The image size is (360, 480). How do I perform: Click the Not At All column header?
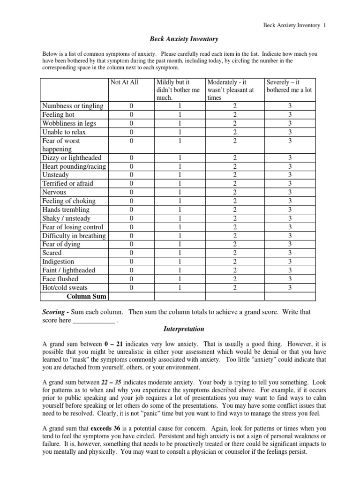pos(124,82)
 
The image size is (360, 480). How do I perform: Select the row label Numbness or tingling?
pos(73,106)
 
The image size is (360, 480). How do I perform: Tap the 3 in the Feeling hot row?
pos(290,115)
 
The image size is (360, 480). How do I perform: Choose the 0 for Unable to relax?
pos(131,132)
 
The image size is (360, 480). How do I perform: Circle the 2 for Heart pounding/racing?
pos(235,166)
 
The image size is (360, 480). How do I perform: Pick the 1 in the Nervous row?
pos(180,192)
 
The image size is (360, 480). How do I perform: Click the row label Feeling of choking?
pos(69,201)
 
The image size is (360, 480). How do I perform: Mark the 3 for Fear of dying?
pos(290,244)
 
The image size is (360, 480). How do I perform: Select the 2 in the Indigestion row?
pos(235,262)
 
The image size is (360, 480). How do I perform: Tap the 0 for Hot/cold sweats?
pos(131,287)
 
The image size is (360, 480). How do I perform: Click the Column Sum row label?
pos(86,296)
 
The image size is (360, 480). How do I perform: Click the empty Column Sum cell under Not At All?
pos(131,296)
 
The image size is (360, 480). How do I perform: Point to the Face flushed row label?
pos(60,279)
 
